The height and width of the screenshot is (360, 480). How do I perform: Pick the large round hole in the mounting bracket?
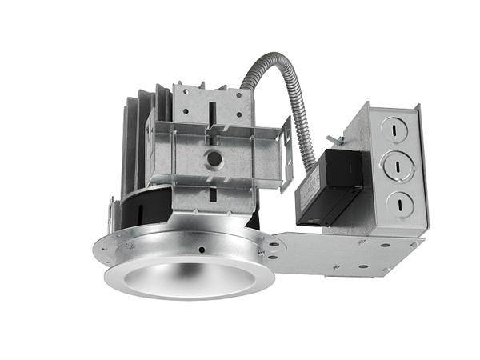[x=214, y=158]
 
